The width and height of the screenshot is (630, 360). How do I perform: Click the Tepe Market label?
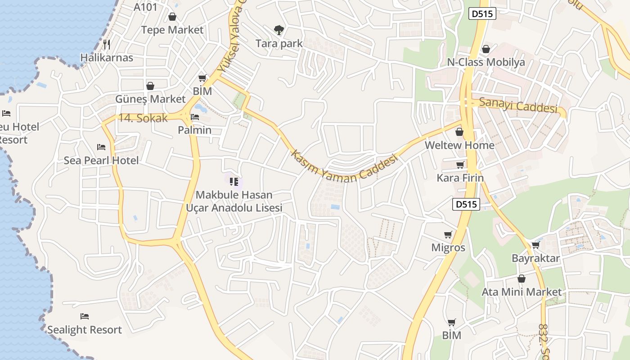(172, 30)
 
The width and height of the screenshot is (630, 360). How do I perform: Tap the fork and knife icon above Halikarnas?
(107, 44)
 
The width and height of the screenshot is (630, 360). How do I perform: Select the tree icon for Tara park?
(279, 30)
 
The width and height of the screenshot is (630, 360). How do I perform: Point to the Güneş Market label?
(150, 99)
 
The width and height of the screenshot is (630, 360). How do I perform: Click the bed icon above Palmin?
(195, 117)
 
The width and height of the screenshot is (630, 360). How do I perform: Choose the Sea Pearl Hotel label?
(101, 160)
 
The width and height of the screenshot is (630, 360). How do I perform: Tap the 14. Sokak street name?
(143, 118)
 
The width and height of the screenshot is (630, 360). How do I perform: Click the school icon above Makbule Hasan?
(234, 182)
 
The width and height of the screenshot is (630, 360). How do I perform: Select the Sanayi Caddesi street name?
(518, 105)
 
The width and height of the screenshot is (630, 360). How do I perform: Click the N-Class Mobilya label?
(486, 62)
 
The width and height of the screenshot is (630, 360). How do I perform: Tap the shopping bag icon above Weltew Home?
(459, 132)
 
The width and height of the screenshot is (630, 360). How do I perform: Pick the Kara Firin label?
(460, 178)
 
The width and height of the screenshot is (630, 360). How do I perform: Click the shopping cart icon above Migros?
(448, 234)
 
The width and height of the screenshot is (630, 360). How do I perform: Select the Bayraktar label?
(535, 258)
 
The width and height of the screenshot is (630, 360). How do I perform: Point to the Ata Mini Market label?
(522, 292)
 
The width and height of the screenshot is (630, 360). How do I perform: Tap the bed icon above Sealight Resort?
(84, 316)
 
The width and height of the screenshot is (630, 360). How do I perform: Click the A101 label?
(146, 7)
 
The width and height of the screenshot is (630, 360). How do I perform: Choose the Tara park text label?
(279, 44)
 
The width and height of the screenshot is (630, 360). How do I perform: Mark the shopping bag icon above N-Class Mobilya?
(486, 49)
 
